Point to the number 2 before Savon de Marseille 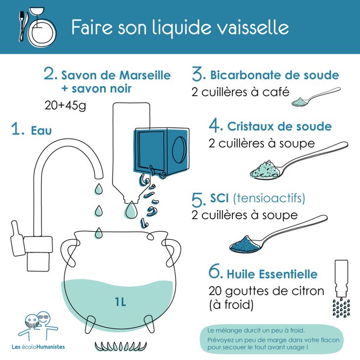click(50, 73)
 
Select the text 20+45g click(65, 105)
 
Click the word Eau click(41, 131)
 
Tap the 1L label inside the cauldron click(120, 302)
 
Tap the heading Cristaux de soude click(279, 127)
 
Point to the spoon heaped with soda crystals click(298, 160)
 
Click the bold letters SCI click(219, 198)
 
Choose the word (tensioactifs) click(269, 198)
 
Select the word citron click(308, 291)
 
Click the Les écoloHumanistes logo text click(38, 347)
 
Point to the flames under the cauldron click(121, 346)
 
